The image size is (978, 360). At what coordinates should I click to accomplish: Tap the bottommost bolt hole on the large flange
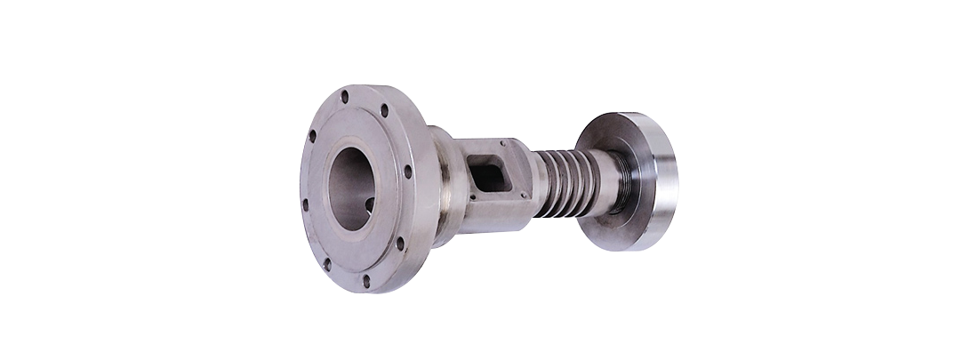(x=366, y=281)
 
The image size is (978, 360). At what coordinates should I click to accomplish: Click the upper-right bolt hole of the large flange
(x=385, y=111)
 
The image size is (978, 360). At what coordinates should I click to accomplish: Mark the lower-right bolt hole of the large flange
(x=399, y=243)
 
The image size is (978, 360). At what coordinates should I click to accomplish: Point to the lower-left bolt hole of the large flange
(x=327, y=264)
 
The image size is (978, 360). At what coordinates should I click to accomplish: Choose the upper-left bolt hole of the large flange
(x=312, y=136)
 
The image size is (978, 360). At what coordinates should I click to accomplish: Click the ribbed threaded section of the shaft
(x=557, y=183)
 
